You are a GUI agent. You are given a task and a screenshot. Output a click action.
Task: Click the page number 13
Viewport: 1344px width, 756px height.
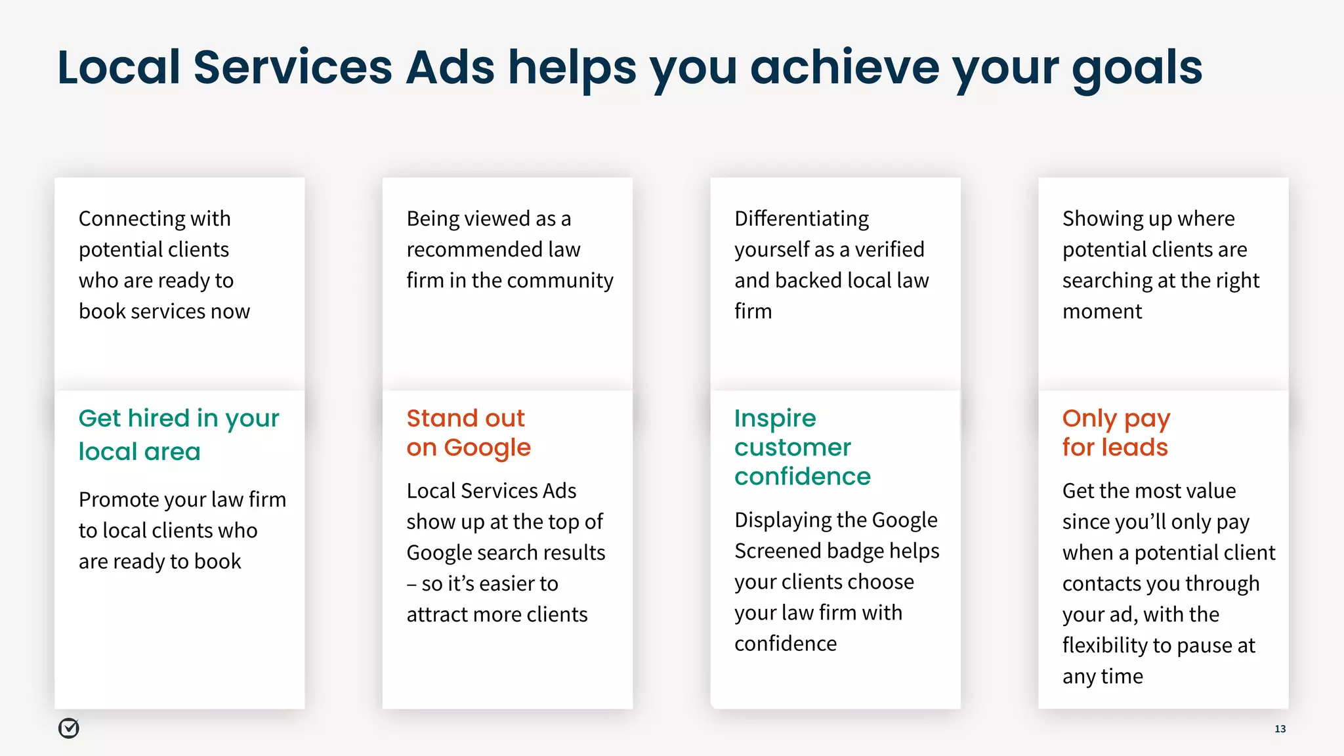(x=1280, y=728)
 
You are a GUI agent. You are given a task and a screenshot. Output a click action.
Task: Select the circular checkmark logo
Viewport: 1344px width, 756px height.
(x=69, y=728)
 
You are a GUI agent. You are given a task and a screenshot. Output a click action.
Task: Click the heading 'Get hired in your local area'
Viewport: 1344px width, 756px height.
(x=178, y=434)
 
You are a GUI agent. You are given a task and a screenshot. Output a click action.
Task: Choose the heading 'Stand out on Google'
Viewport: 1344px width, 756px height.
(x=468, y=432)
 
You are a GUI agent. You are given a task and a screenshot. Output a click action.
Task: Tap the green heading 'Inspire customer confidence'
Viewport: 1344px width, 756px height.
(x=802, y=447)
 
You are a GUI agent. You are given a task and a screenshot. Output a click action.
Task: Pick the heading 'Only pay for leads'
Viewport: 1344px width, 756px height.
(x=1116, y=432)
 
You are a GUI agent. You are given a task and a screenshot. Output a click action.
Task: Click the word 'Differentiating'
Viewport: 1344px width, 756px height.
(x=801, y=219)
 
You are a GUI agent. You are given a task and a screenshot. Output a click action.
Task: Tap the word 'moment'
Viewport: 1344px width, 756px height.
(x=1102, y=311)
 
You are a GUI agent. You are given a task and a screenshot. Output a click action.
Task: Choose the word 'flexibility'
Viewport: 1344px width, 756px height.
(x=1105, y=646)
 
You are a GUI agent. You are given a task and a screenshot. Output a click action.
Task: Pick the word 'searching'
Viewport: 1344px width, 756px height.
(x=1107, y=281)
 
